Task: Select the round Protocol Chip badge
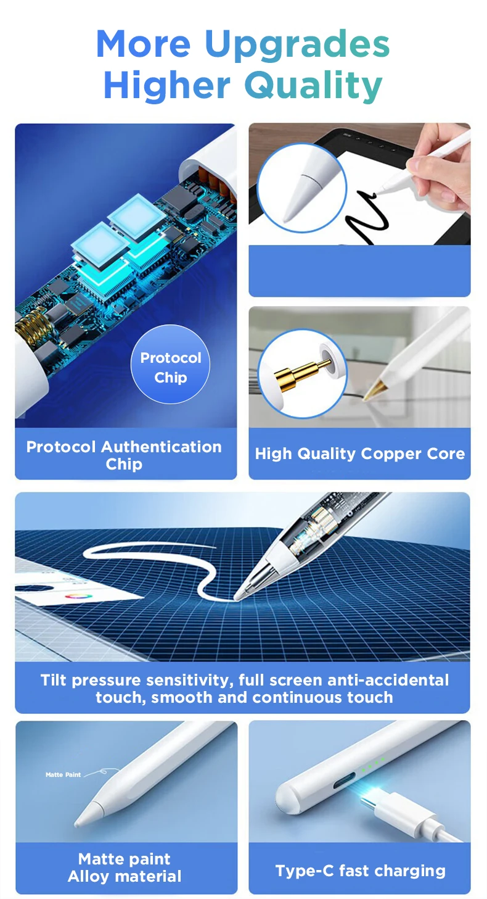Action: pyautogui.click(x=170, y=364)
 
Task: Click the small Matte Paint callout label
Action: pyautogui.click(x=63, y=774)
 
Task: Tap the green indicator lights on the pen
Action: pyautogui.click(x=373, y=764)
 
